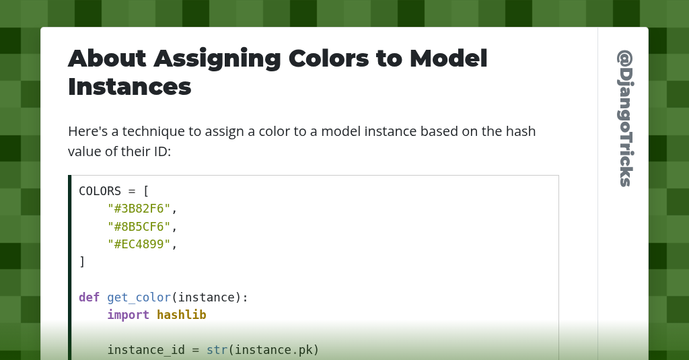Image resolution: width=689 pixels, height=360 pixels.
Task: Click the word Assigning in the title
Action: pyautogui.click(x=217, y=59)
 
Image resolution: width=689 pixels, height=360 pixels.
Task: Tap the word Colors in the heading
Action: pyautogui.click(x=328, y=59)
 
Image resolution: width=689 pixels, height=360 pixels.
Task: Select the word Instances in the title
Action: pyautogui.click(x=129, y=87)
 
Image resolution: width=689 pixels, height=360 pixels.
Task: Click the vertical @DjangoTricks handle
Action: pyautogui.click(x=624, y=118)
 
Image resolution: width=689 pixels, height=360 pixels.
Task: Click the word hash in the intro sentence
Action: pyautogui.click(x=521, y=131)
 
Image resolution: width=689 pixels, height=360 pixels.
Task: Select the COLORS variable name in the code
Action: pyautogui.click(x=100, y=191)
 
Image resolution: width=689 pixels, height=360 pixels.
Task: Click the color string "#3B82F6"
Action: pyautogui.click(x=139, y=209)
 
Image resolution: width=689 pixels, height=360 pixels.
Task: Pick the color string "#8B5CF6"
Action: pyautogui.click(x=139, y=227)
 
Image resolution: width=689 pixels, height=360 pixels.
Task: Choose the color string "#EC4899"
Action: pyautogui.click(x=139, y=244)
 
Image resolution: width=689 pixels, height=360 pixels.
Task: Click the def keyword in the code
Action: pyautogui.click(x=89, y=297)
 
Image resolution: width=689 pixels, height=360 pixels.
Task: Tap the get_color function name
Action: pyautogui.click(x=139, y=297)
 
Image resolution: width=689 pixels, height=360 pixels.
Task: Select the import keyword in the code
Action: pyautogui.click(x=128, y=315)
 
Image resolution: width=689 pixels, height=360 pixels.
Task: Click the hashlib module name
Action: pyautogui.click(x=181, y=315)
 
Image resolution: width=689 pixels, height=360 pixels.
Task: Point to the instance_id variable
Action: pyautogui.click(x=146, y=350)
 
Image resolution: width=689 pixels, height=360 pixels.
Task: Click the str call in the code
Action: pyautogui.click(x=217, y=350)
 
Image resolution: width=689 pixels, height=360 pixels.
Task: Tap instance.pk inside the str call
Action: pyautogui.click(x=273, y=350)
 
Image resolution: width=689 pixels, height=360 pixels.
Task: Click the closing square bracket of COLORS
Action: pyautogui.click(x=82, y=262)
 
